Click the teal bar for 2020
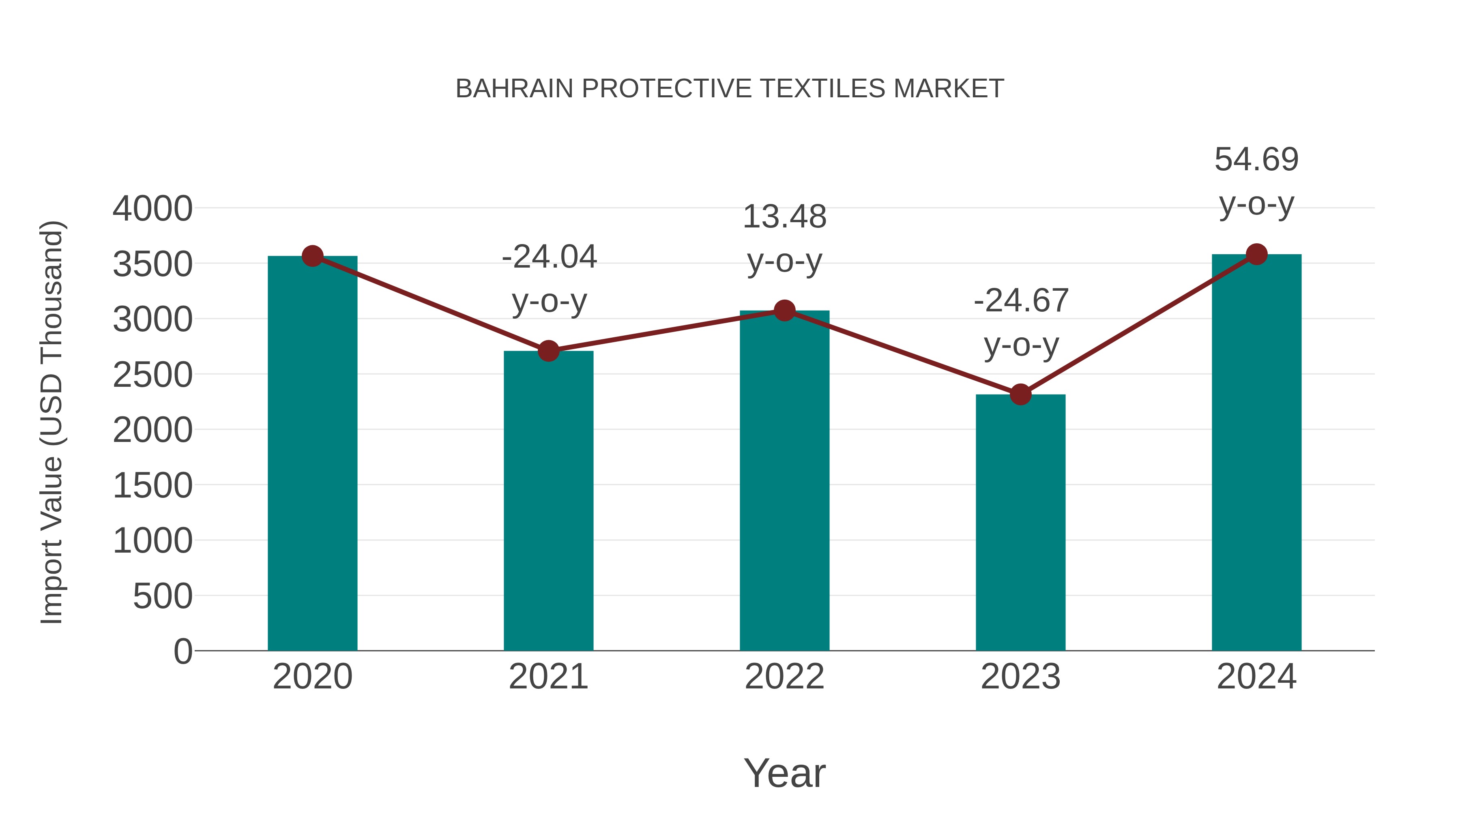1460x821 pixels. click(312, 453)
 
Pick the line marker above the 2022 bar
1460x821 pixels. click(784, 311)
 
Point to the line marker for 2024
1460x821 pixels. click(1256, 254)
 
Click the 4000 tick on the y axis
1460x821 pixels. click(152, 208)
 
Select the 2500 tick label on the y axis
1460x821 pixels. click(152, 375)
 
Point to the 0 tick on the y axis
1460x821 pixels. click(183, 651)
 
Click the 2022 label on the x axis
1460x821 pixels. click(784, 677)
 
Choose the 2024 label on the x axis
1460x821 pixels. click(1256, 677)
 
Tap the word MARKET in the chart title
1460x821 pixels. click(949, 89)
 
